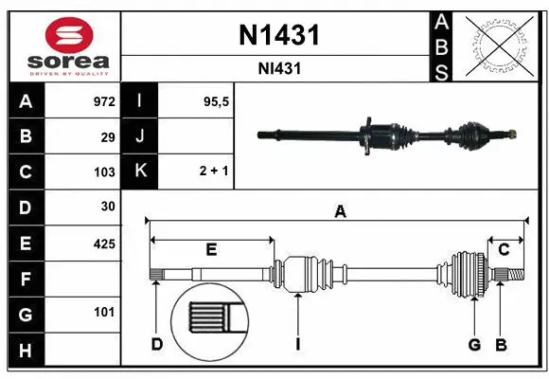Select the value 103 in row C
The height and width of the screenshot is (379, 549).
click(x=104, y=172)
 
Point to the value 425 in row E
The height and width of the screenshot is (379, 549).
click(x=104, y=244)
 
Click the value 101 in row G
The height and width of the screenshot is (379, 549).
click(x=104, y=312)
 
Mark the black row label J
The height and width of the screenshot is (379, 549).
click(x=140, y=136)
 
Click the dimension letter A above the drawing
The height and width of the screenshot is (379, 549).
click(x=339, y=212)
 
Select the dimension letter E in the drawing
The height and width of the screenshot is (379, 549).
click(x=211, y=249)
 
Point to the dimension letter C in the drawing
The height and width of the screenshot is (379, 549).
click(x=504, y=249)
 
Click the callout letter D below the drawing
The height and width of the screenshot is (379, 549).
click(x=157, y=344)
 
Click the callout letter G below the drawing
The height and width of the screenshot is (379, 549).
click(x=475, y=344)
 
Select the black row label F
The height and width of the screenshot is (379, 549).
click(x=26, y=279)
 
